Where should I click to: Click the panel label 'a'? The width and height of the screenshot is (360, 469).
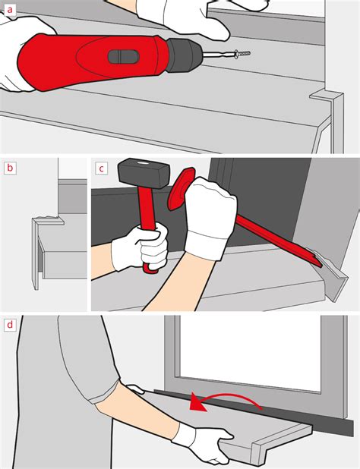[x=10, y=10]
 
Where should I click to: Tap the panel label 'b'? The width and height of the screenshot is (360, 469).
[x=10, y=168]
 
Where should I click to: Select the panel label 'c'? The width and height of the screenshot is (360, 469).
[x=102, y=168]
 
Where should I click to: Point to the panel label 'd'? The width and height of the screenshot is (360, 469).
[x=10, y=324]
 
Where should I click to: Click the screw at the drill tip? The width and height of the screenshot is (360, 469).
[x=242, y=54]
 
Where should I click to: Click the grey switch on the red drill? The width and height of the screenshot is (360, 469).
[x=123, y=57]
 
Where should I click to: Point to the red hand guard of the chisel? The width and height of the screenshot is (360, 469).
[x=181, y=189]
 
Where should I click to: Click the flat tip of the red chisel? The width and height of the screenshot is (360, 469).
[x=317, y=260]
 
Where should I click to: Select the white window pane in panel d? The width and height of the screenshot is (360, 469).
[x=250, y=353]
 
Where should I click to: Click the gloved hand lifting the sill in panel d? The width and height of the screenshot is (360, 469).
[x=204, y=442]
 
